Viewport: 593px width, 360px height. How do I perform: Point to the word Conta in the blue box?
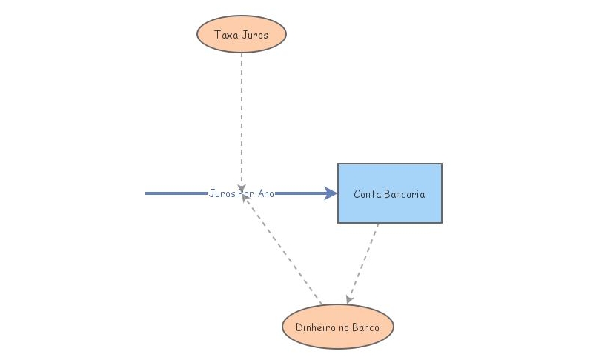click(367, 194)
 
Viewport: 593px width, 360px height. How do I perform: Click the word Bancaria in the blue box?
click(404, 194)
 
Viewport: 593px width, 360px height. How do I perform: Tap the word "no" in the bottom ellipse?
click(343, 327)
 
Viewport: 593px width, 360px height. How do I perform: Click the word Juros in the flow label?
click(222, 193)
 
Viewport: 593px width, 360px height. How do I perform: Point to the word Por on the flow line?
click(246, 193)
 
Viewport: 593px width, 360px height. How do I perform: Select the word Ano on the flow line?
click(266, 193)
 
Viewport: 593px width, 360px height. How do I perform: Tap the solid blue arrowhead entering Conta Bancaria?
click(331, 193)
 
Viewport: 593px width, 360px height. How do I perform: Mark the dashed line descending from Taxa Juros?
click(242, 111)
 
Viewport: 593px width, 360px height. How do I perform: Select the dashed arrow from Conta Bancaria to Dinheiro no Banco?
click(363, 263)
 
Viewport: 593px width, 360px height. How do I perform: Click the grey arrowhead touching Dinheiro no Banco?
click(349, 299)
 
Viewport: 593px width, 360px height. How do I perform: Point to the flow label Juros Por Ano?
click(242, 193)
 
